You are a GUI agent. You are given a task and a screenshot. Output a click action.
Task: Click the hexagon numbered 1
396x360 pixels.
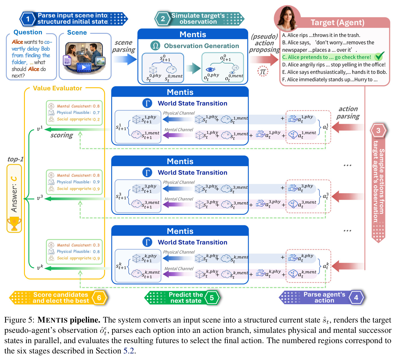(28, 19)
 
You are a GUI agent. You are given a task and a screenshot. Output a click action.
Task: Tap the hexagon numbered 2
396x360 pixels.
(163, 19)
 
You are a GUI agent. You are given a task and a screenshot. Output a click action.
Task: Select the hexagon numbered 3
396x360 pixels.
(378, 130)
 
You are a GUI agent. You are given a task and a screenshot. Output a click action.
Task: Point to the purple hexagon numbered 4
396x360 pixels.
(356, 297)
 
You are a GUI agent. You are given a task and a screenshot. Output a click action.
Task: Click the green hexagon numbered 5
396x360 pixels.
(212, 298)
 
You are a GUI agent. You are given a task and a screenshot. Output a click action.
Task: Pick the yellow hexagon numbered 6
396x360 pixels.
(99, 298)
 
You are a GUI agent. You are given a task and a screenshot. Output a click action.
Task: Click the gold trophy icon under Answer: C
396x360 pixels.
(14, 224)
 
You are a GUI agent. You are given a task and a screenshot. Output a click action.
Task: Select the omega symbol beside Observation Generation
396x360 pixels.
(155, 46)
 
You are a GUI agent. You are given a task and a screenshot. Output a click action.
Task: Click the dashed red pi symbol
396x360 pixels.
(263, 71)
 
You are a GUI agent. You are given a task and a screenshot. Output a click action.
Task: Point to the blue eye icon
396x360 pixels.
(210, 69)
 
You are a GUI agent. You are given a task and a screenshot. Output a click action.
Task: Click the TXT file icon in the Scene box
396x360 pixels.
(67, 60)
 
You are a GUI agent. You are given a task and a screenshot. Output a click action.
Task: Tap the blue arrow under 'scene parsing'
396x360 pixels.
(125, 59)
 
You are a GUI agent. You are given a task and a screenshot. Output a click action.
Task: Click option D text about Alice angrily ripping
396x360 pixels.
(334, 65)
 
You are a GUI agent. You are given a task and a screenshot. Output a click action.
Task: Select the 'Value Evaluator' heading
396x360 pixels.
(57, 88)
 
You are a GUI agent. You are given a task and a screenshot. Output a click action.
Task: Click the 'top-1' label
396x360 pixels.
(15, 159)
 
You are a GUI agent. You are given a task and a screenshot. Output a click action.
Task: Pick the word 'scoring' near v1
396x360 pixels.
(61, 135)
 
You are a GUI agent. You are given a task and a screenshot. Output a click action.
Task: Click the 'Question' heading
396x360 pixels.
(28, 32)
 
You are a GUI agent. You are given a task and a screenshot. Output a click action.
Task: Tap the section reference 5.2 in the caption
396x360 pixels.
(128, 351)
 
